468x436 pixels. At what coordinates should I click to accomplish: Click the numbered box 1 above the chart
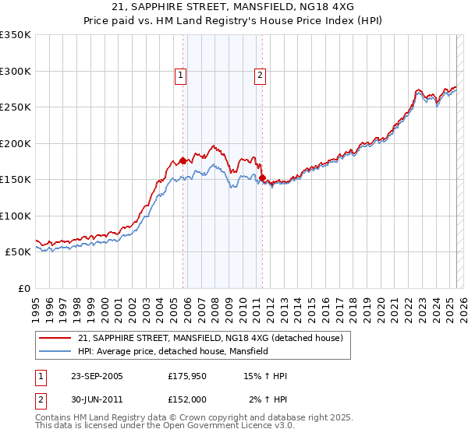(x=180, y=76)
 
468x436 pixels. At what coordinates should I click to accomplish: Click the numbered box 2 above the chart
(x=259, y=76)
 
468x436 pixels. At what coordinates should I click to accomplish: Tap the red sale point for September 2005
(x=183, y=161)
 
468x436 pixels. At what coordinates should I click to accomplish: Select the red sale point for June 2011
(x=263, y=178)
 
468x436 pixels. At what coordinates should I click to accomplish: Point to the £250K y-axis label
(x=16, y=107)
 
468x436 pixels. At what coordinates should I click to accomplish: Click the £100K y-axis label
(x=16, y=216)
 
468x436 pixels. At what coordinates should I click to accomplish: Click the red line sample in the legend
(x=55, y=339)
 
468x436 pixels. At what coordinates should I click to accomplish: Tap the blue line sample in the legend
(x=55, y=351)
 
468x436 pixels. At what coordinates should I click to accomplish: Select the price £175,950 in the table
(x=186, y=376)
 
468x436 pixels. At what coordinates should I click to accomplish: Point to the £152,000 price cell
(x=186, y=399)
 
